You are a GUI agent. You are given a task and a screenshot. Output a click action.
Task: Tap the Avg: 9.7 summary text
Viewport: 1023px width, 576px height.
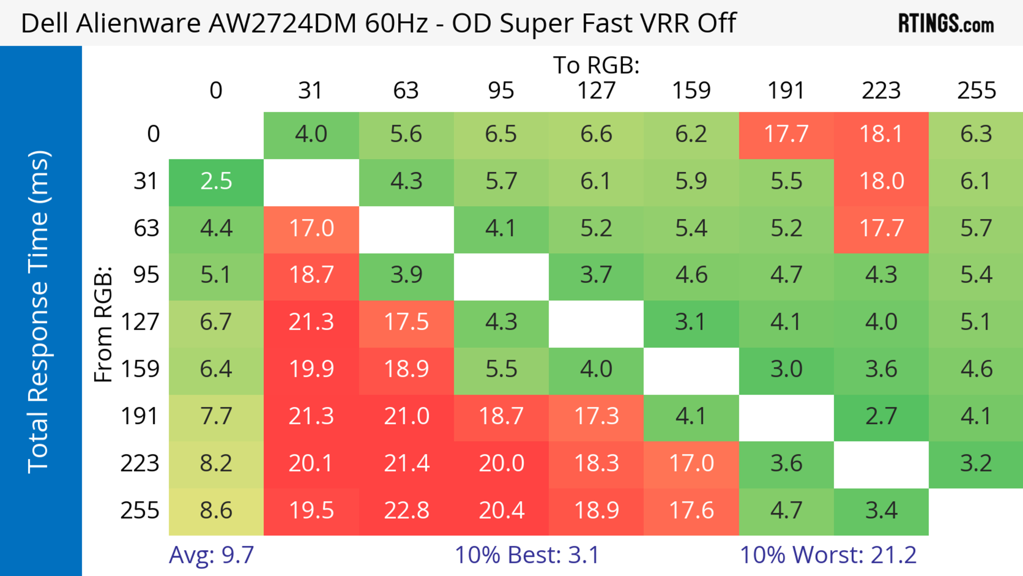211,555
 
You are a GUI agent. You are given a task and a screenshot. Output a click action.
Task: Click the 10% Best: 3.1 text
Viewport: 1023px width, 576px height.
527,555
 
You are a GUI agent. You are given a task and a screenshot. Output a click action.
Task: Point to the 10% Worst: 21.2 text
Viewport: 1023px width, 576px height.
828,555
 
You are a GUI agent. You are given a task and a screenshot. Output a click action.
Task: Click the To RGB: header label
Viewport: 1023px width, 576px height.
596,65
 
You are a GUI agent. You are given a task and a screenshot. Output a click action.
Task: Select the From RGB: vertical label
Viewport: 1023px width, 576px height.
103,324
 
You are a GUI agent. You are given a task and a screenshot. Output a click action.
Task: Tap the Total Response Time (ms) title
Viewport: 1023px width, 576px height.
39,312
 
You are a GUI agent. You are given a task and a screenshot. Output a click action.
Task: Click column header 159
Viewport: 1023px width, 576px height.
691,91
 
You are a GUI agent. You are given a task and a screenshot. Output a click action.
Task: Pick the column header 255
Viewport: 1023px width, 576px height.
976,91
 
